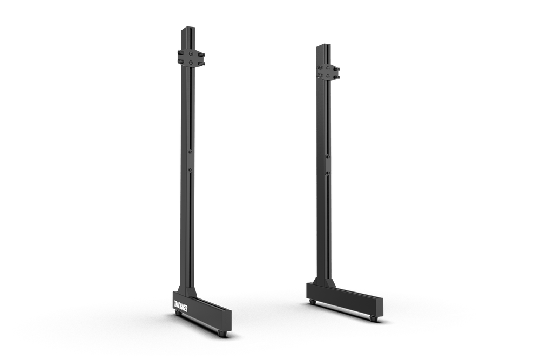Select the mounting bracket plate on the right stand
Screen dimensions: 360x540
[x=328, y=73]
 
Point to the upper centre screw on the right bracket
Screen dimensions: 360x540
[x=328, y=69]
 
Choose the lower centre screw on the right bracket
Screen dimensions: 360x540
[x=328, y=77]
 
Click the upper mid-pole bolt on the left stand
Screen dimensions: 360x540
[x=191, y=153]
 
